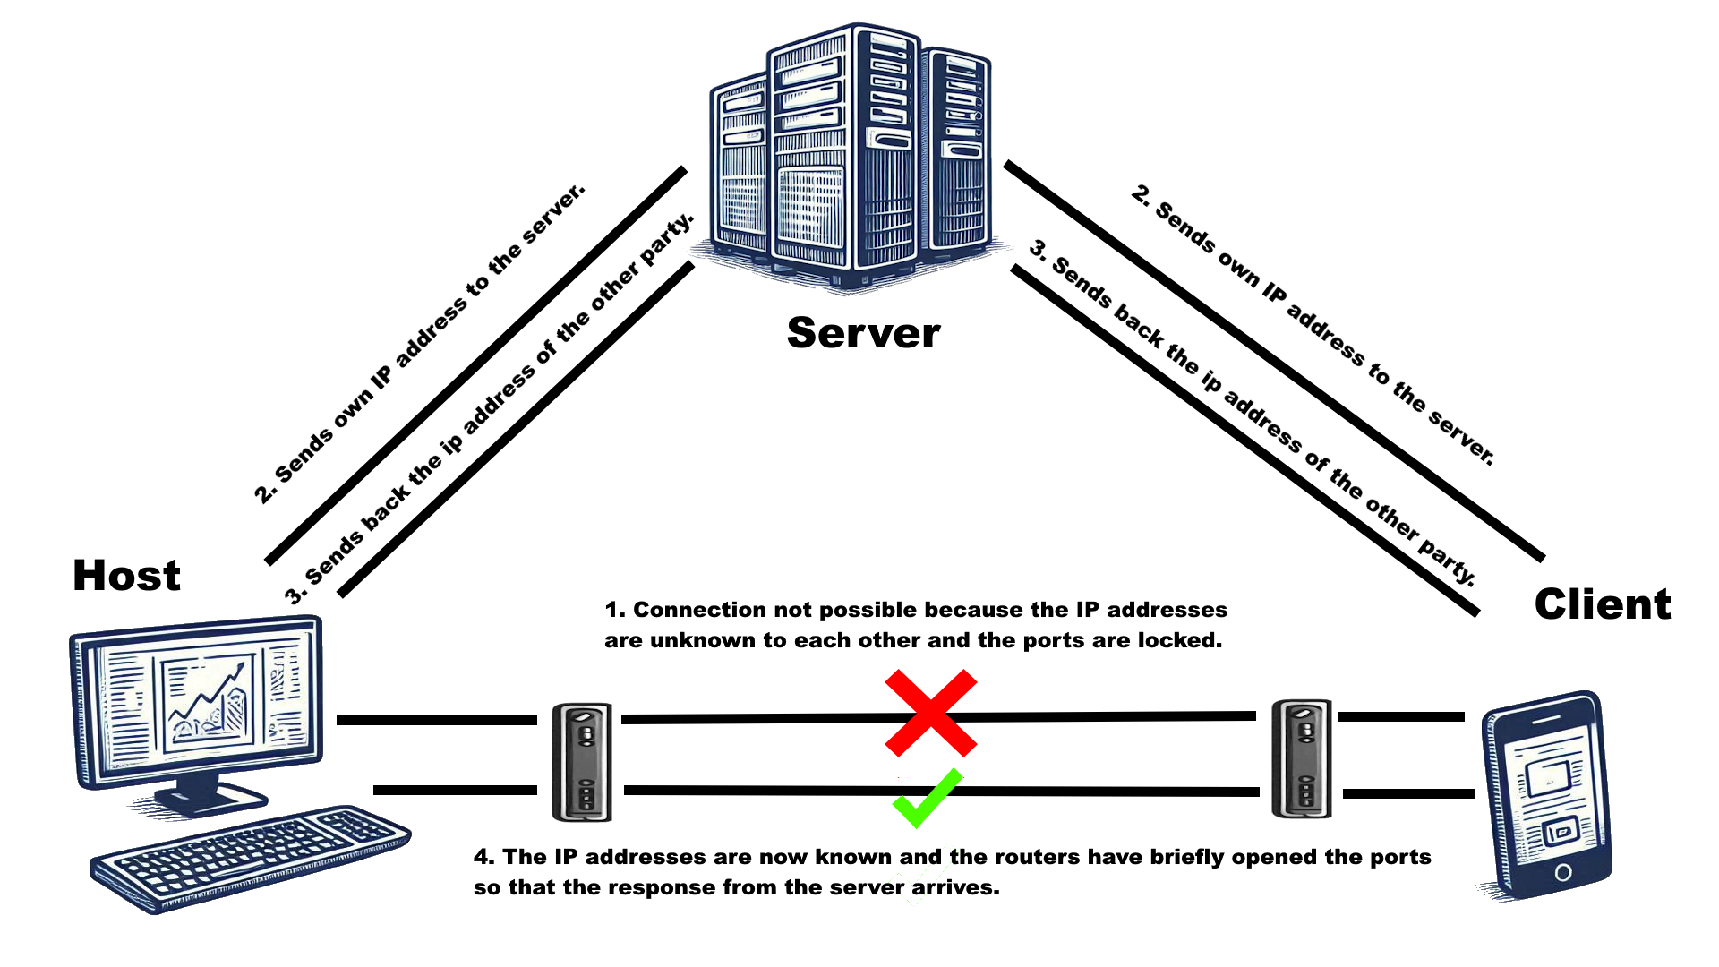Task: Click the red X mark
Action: [x=930, y=713]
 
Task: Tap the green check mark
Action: [x=928, y=798]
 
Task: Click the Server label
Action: [x=863, y=333]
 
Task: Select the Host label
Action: [x=126, y=575]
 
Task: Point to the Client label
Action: [x=1602, y=604]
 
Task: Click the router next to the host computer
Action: [x=582, y=762]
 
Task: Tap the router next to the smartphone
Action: [x=1302, y=758]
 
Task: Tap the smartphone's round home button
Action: [x=1563, y=871]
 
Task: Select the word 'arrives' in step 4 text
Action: [x=954, y=887]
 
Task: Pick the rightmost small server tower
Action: [x=958, y=152]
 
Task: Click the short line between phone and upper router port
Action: [x=1401, y=716]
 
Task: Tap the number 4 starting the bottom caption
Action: [x=482, y=857]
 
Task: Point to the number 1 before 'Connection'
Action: [x=612, y=610]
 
